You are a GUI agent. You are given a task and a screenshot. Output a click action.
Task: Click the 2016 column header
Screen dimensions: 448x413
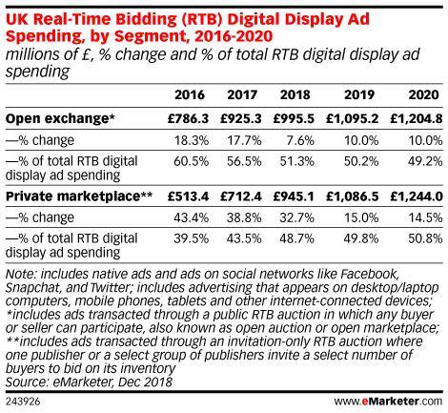pyautogui.click(x=190, y=95)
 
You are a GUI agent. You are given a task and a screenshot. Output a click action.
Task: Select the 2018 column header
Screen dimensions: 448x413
pyautogui.click(x=295, y=95)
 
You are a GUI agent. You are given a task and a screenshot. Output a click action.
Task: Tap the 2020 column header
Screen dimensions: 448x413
pyautogui.click(x=424, y=95)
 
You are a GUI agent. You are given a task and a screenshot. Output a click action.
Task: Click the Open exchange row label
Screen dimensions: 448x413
pyautogui.click(x=60, y=118)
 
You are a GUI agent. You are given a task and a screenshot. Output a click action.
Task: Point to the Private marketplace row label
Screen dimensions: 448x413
pyautogui.click(x=79, y=196)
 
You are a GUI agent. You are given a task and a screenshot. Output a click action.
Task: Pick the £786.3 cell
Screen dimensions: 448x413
pyautogui.click(x=188, y=118)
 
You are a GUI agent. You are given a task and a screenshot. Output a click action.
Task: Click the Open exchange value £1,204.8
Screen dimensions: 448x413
pyautogui.click(x=417, y=118)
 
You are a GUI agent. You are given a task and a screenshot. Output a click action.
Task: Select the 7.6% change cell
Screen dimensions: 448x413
pyautogui.click(x=300, y=140)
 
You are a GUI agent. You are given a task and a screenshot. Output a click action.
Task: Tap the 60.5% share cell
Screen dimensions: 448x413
pyautogui.click(x=191, y=161)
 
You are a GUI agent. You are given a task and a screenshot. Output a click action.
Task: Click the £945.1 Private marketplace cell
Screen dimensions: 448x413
pyautogui.click(x=294, y=196)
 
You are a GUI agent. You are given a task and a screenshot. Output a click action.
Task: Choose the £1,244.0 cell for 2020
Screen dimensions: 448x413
pyautogui.click(x=417, y=196)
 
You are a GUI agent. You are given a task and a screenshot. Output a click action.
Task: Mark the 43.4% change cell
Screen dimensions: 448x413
pyautogui.click(x=191, y=217)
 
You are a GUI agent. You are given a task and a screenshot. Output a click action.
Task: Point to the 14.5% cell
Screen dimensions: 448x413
pyautogui.click(x=425, y=217)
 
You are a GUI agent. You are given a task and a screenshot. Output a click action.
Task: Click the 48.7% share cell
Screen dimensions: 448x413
pyautogui.click(x=296, y=238)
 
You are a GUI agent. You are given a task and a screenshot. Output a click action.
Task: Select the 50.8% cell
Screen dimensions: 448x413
pyautogui.click(x=425, y=238)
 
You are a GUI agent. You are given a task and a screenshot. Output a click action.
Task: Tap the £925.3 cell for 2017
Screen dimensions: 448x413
pyautogui.click(x=241, y=118)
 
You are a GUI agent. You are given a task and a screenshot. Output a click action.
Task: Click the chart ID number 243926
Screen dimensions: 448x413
pyautogui.click(x=23, y=402)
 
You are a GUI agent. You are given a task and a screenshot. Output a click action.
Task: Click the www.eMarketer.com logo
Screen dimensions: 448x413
pyautogui.click(x=388, y=402)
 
